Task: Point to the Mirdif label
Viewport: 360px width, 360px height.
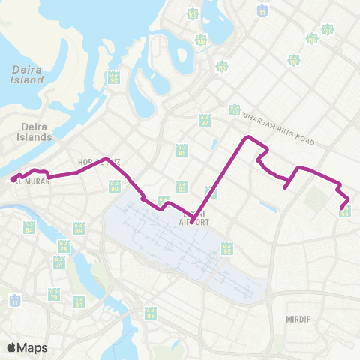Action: click(x=298, y=319)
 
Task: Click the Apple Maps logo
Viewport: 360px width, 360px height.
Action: click(x=27, y=347)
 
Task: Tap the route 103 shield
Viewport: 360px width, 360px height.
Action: click(x=193, y=14)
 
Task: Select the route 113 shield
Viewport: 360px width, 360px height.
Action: click(x=222, y=67)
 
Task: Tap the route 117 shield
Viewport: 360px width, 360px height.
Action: click(x=294, y=60)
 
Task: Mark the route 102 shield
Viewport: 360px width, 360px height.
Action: click(x=235, y=111)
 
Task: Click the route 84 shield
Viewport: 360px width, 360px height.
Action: click(x=29, y=226)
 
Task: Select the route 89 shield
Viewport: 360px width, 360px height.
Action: click(x=78, y=226)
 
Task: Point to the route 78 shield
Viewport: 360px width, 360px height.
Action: click(x=64, y=245)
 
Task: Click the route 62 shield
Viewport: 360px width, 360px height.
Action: click(x=226, y=247)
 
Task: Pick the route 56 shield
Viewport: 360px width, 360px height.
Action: click(x=344, y=212)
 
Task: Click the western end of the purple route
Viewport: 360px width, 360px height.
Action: click(x=13, y=179)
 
